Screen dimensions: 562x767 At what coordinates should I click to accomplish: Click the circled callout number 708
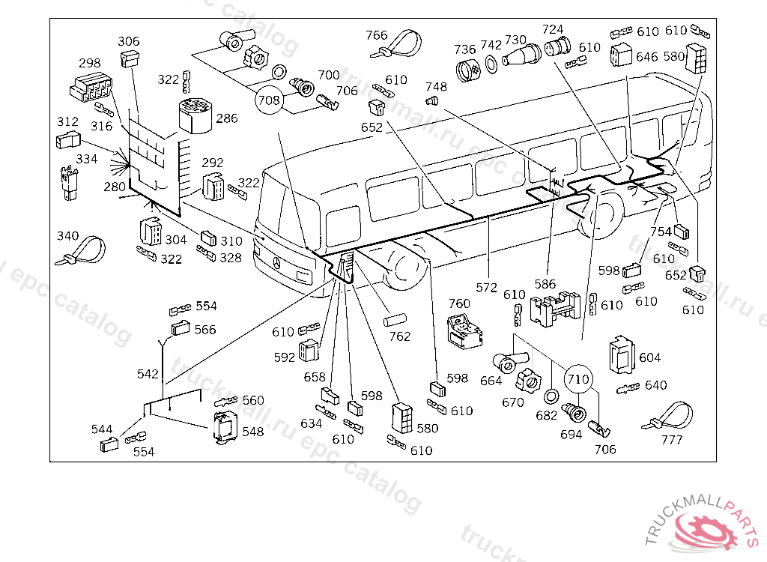[269, 99]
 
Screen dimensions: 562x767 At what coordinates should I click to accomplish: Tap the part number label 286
[227, 118]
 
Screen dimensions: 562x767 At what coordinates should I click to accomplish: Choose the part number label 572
[487, 286]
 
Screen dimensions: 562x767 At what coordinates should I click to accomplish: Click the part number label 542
[148, 373]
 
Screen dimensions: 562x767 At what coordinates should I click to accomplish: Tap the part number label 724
[553, 29]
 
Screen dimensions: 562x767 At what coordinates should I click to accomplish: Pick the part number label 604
[649, 358]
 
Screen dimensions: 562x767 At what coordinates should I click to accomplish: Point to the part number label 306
[128, 41]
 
